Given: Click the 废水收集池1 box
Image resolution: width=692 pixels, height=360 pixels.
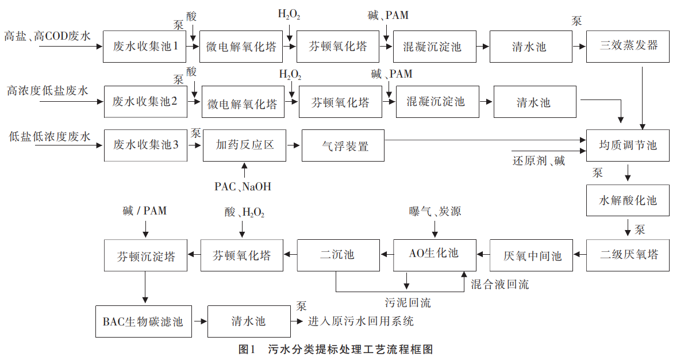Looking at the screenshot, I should point(145,47).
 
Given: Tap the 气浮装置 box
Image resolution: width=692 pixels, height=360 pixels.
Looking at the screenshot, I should point(343,145).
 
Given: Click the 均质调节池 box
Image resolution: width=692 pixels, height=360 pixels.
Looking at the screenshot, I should point(628,145).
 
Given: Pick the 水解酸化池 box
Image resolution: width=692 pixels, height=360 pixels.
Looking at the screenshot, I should point(628,201).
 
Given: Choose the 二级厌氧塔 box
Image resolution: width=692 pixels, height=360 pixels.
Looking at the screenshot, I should point(628,255).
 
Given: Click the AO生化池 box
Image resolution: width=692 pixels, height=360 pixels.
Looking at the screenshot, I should point(435,255).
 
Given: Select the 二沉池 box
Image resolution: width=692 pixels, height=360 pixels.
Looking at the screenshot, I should point(337,255).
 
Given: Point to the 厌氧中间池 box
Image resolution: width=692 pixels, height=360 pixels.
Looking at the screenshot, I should point(532,255).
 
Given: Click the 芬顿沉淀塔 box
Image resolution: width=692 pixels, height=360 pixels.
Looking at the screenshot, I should point(146,255).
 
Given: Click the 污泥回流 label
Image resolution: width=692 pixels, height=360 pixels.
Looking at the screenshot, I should point(407,302).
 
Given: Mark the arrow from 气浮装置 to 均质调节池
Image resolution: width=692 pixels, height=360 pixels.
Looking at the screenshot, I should point(483,140).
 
